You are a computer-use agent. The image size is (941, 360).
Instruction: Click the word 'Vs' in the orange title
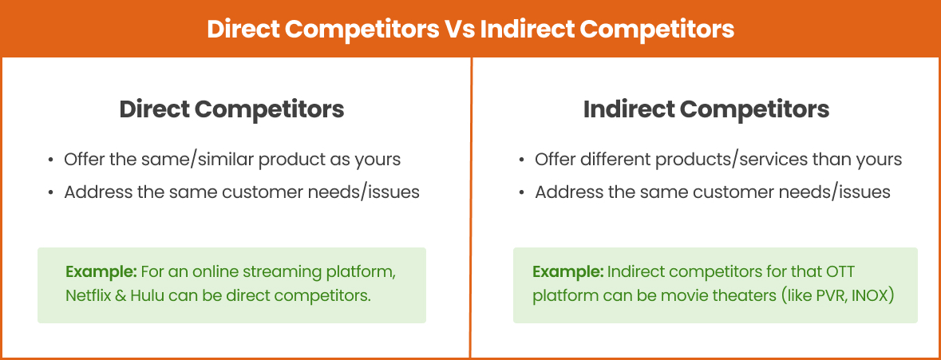pos(459,29)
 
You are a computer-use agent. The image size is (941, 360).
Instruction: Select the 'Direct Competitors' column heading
pos(231,109)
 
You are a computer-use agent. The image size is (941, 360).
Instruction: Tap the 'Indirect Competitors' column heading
pos(706,109)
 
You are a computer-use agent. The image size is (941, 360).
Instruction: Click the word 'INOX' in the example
pos(872,295)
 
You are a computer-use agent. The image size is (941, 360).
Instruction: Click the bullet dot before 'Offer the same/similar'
pos(50,160)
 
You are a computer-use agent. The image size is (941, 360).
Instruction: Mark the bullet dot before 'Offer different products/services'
pos(521,160)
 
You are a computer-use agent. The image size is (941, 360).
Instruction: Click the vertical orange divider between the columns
pos(471,208)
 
